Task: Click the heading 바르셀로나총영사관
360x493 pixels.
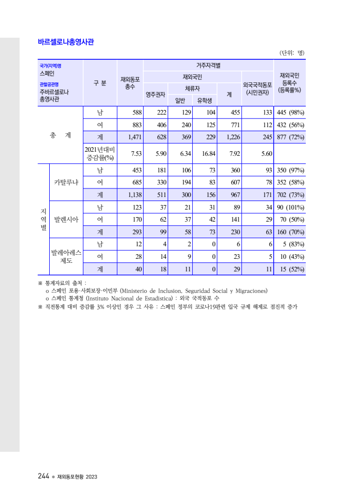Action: [x=66, y=42]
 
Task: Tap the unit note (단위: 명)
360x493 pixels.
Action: [x=292, y=53]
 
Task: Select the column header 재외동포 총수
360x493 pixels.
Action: [x=130, y=83]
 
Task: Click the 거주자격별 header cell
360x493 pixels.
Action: [x=208, y=65]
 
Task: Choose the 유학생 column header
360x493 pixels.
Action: [x=204, y=100]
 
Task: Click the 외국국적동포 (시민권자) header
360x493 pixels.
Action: [x=257, y=88]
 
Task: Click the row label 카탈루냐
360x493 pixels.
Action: [x=66, y=182]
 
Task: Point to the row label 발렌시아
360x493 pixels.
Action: [x=66, y=220]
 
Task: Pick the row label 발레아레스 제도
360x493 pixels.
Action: [x=66, y=256]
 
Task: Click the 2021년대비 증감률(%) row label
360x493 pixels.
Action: [x=100, y=154]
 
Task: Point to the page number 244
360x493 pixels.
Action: [x=43, y=476]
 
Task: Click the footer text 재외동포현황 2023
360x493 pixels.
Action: [x=77, y=476]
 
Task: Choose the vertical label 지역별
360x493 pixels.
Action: [x=43, y=220]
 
